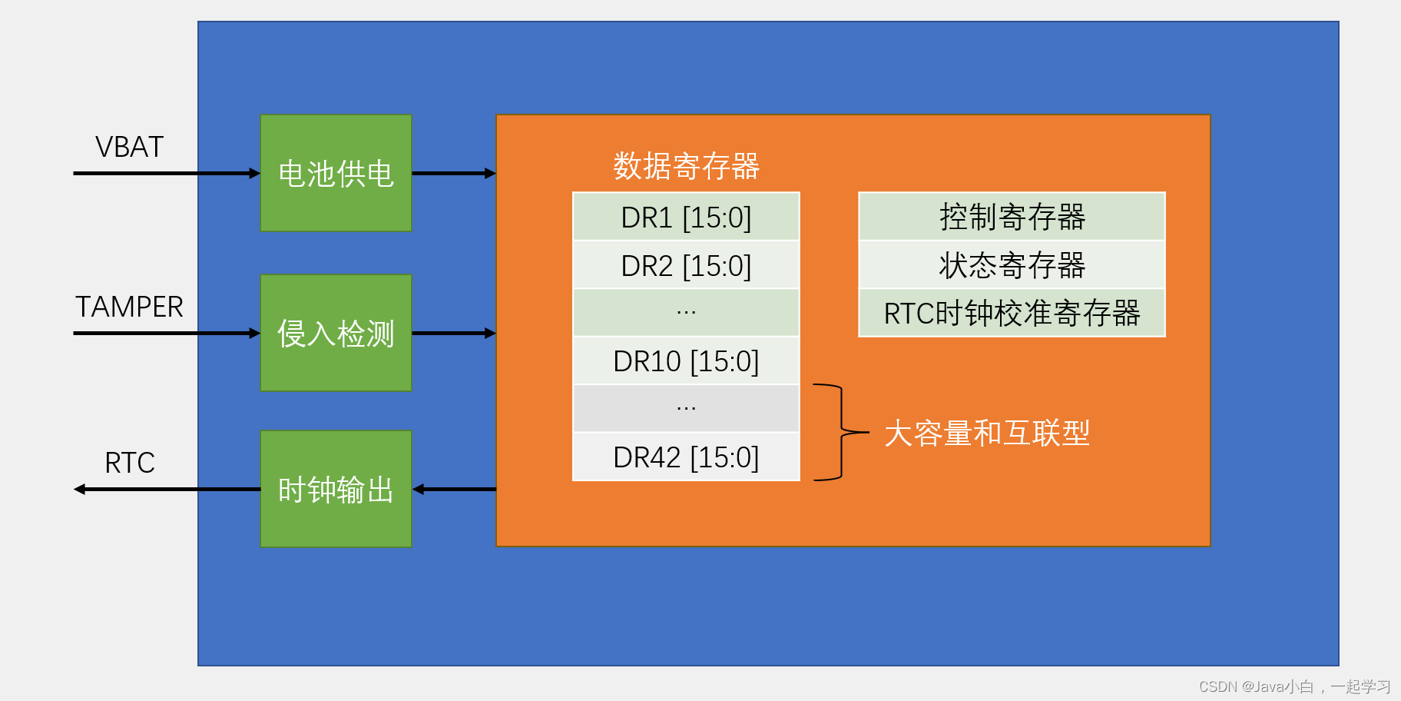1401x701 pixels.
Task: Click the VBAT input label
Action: coord(129,147)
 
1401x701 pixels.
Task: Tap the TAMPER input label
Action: coord(129,307)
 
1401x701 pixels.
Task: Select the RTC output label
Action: coord(129,463)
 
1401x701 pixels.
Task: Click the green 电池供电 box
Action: coord(336,173)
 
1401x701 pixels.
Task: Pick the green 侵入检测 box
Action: coord(336,333)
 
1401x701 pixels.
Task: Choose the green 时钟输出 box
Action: coord(336,489)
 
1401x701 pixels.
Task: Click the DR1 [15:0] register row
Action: coord(686,218)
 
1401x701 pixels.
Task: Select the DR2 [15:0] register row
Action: coord(686,266)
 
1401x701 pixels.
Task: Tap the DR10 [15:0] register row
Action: coord(686,361)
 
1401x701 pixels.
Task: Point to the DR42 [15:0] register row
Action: coord(686,457)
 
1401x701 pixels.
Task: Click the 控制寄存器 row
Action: coord(1012,218)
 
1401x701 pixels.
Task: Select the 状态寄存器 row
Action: coord(1012,266)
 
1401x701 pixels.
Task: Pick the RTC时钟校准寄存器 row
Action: coord(1012,314)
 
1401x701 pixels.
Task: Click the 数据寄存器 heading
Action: coord(686,166)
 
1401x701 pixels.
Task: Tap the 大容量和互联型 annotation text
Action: coord(987,434)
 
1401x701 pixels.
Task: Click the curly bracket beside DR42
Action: coord(840,433)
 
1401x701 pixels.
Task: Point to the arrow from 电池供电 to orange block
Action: coord(453,174)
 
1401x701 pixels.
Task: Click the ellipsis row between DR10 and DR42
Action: coord(686,408)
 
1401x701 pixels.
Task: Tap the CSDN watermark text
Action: coord(1294,686)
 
